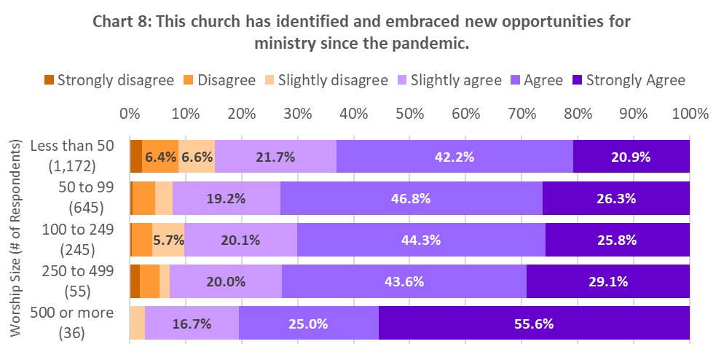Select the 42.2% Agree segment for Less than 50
(455, 157)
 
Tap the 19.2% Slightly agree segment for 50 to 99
(226, 198)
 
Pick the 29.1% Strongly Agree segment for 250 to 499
(607, 281)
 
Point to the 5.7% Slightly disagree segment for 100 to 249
(168, 240)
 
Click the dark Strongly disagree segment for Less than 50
(135, 157)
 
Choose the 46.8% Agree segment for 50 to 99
(411, 198)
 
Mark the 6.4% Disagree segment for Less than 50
(160, 157)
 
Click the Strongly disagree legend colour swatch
(50, 80)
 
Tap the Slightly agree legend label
(456, 80)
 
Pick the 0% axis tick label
(130, 114)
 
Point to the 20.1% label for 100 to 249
(240, 240)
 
